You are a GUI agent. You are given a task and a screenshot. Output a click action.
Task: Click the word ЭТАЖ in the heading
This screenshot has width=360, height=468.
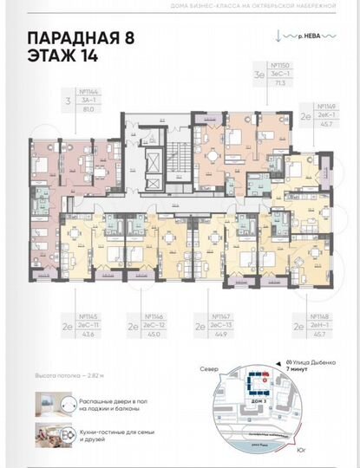tap(51, 57)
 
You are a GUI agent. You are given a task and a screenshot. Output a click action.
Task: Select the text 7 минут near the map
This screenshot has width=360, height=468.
tap(298, 369)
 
